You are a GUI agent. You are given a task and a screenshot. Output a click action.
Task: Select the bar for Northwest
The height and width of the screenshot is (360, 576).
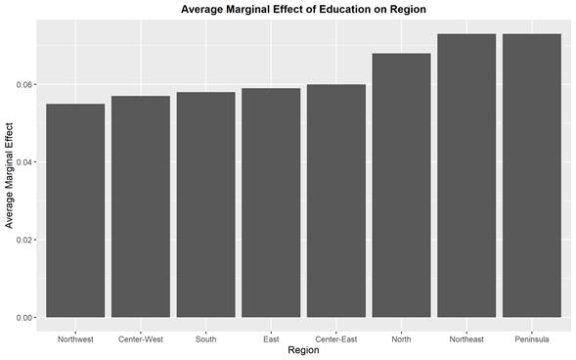coord(75,210)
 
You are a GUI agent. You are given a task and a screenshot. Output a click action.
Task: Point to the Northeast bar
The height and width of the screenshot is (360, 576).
coord(466,175)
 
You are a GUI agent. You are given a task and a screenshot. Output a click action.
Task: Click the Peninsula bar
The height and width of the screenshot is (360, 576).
coord(532,175)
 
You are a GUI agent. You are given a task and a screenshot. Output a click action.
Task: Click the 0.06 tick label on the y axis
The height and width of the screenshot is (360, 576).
coord(23,84)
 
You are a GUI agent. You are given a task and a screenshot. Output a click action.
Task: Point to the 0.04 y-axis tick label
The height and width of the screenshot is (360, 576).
coord(23,161)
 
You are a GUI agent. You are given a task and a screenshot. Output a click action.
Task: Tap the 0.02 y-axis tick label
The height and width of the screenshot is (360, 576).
coord(23,240)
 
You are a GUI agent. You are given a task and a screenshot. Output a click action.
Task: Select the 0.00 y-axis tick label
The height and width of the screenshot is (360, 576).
coord(23,317)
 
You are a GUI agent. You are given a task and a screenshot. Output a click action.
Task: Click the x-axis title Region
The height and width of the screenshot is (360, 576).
coord(303,350)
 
